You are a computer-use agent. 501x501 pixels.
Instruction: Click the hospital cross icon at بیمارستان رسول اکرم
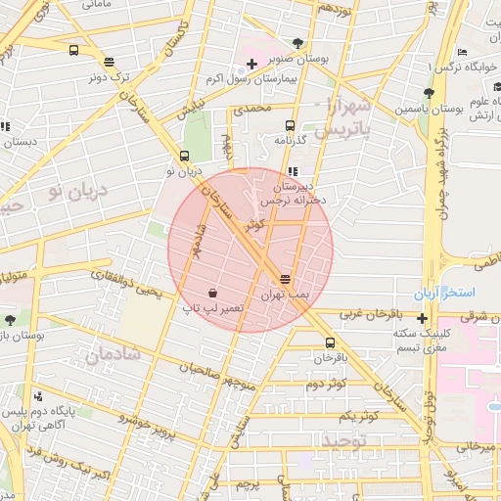click(x=251, y=65)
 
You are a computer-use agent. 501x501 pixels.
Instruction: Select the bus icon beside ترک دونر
click(x=74, y=51)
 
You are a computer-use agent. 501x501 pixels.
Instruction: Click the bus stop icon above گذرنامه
click(x=289, y=125)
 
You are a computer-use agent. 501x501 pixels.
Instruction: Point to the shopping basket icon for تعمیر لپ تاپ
click(x=212, y=293)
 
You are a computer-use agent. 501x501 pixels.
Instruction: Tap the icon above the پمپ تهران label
click(x=285, y=279)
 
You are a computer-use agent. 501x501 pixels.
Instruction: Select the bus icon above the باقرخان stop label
click(x=329, y=342)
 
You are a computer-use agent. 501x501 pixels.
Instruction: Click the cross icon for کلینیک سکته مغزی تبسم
click(x=422, y=318)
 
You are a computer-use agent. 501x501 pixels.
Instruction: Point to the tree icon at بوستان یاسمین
click(x=429, y=93)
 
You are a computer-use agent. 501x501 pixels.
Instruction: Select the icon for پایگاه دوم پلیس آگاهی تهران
click(x=38, y=396)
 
